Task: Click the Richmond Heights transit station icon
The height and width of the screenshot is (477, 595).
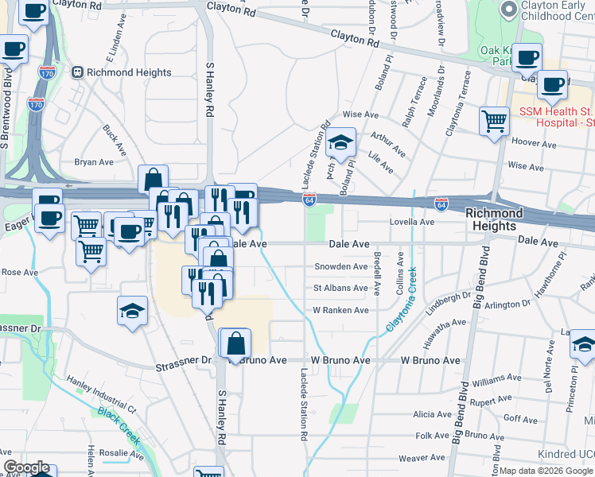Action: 78,72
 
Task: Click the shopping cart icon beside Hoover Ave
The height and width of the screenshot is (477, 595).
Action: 495,122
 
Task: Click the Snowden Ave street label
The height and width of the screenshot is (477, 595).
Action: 341,266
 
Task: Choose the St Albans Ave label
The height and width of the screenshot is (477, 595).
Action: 340,288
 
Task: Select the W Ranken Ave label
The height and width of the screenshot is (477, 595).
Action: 340,310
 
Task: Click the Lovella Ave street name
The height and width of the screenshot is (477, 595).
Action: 411,223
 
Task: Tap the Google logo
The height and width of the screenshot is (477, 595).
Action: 26,467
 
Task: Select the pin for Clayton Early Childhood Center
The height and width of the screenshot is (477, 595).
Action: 508,10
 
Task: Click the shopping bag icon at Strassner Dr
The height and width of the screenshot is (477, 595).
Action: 236,344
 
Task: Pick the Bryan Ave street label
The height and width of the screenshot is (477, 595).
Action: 95,161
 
